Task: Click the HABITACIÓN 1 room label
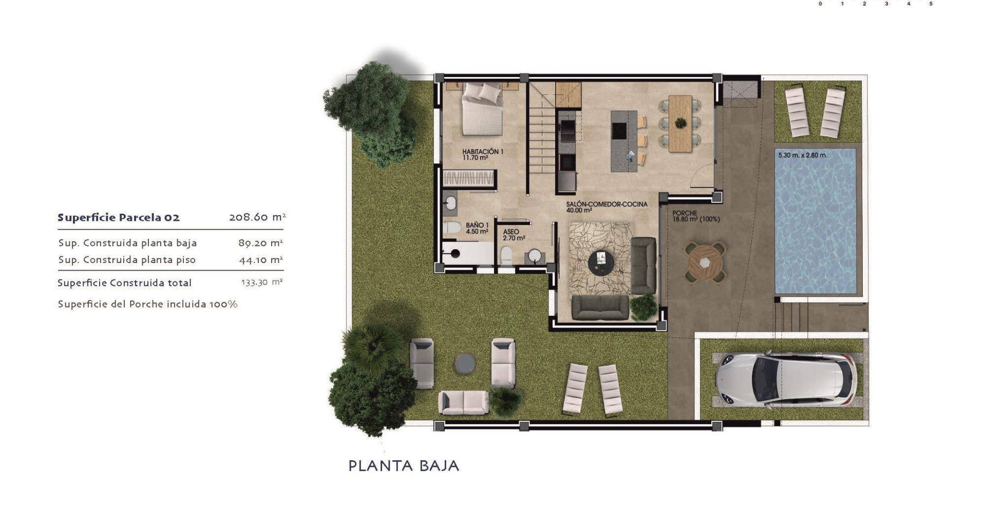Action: [x=483, y=152]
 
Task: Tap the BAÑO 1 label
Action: [x=477, y=225]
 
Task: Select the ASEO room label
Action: [x=511, y=232]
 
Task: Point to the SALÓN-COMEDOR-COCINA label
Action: [x=606, y=204]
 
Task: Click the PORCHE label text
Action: [x=685, y=213]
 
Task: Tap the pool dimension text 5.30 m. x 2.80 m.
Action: [x=803, y=155]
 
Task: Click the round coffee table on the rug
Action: [x=601, y=262]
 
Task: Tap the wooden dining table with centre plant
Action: [x=680, y=123]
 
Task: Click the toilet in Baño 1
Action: [x=452, y=228]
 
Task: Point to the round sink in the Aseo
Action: [x=535, y=256]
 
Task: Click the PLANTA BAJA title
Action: [x=404, y=466]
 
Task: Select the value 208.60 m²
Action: [x=257, y=217]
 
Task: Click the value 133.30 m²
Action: [x=262, y=282]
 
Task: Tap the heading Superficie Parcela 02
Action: [x=119, y=217]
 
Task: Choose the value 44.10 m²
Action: [x=261, y=260]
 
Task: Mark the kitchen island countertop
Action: [x=624, y=141]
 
